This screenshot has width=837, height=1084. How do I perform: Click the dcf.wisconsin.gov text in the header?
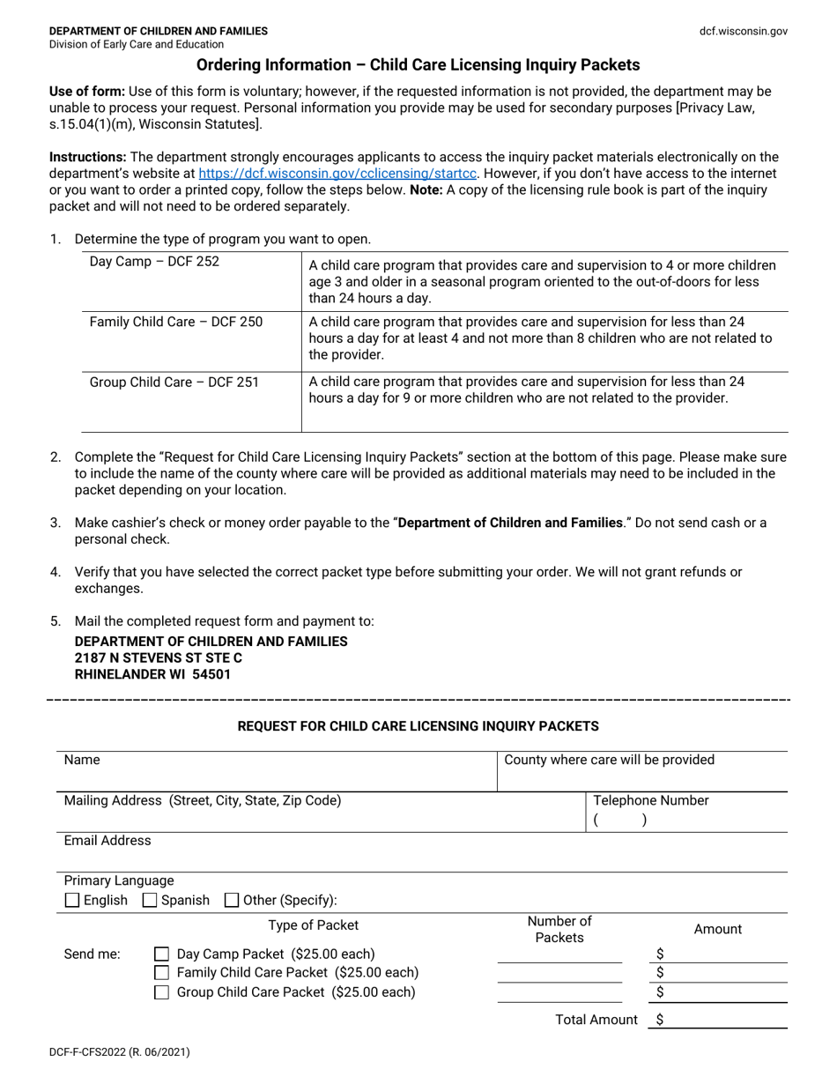pos(743,31)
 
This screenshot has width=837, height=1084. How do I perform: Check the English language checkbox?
pos(73,901)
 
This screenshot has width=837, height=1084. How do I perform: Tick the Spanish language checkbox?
pos(150,901)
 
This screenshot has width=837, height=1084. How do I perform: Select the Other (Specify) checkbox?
pos(232,901)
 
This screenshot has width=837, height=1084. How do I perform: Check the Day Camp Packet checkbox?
pos(162,954)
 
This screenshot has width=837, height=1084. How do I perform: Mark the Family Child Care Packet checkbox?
pos(162,973)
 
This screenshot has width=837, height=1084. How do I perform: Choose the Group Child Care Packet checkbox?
pos(162,992)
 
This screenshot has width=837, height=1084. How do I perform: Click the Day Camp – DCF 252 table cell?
pos(155,262)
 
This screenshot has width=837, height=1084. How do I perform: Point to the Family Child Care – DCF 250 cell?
pos(176,322)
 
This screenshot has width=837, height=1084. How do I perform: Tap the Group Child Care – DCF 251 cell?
pos(174,382)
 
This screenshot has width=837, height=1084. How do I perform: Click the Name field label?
pos(82,760)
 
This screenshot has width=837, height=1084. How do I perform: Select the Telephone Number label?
pos(651,800)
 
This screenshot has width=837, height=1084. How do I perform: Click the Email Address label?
pos(107,841)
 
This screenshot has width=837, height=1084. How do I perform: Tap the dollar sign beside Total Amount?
pos(660,1020)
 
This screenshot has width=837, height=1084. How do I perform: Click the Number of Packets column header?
pos(559,930)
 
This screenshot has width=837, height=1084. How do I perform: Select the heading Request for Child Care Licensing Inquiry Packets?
pos(418,726)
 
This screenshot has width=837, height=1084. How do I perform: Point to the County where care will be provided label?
pos(609,760)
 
